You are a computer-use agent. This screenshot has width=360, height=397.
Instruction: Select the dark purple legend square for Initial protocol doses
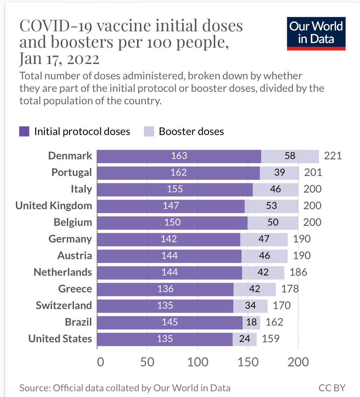click(25, 131)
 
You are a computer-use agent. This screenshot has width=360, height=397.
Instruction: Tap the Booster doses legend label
click(191, 131)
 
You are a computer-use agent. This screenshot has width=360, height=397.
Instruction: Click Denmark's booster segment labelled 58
click(290, 156)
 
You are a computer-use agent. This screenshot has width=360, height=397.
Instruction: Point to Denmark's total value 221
click(333, 156)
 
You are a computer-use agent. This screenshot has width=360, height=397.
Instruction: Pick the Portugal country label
click(72, 173)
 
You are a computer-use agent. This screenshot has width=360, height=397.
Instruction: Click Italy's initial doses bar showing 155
click(175, 189)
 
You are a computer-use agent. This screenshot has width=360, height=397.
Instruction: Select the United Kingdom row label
click(54, 206)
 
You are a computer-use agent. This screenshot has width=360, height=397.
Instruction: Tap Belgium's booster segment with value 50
click(273, 222)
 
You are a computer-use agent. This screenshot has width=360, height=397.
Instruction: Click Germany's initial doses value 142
click(169, 239)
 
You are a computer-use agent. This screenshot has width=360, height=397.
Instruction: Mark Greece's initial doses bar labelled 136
click(166, 289)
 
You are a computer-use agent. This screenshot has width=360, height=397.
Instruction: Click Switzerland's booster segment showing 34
click(250, 306)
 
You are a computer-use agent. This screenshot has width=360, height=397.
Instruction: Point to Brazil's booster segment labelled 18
click(252, 322)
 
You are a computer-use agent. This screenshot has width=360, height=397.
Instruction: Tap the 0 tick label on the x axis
click(101, 362)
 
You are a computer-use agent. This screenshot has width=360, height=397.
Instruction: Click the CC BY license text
click(332, 387)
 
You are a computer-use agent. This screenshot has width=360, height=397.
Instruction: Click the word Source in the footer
click(32, 387)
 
